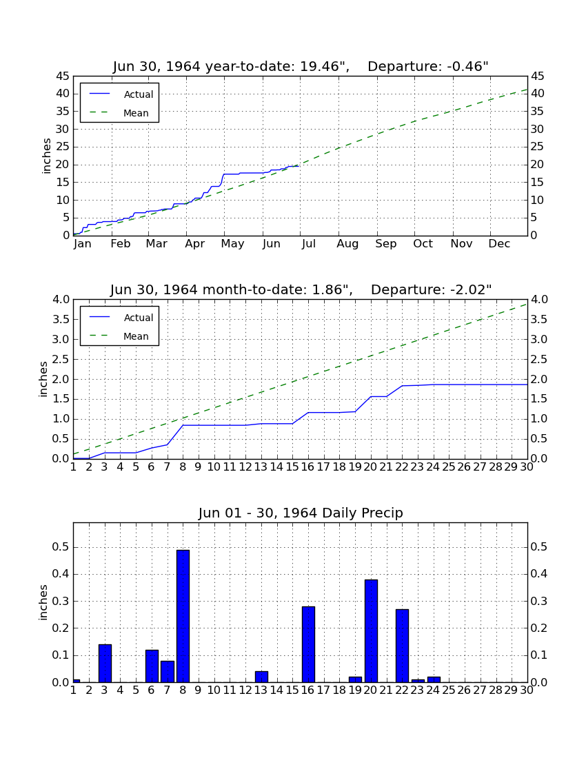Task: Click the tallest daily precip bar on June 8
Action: tap(183, 616)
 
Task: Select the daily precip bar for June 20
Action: tap(371, 631)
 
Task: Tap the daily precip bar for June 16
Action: tap(308, 644)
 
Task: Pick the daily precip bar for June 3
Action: tap(105, 663)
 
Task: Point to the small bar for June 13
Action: tap(261, 677)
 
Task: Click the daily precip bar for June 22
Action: tap(402, 646)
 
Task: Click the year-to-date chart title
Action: tap(301, 66)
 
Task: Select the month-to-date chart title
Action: tap(301, 289)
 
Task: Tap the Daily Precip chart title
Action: tap(301, 513)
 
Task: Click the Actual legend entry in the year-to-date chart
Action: tap(121, 94)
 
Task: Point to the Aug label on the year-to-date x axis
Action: tap(347, 244)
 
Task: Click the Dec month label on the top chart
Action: tap(499, 244)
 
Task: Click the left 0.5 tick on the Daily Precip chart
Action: tap(61, 547)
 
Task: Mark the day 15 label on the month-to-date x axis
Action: tap(292, 467)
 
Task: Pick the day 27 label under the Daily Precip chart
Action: tap(480, 690)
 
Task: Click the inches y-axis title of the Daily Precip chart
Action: tap(43, 602)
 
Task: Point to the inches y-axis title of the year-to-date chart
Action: tap(46, 156)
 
